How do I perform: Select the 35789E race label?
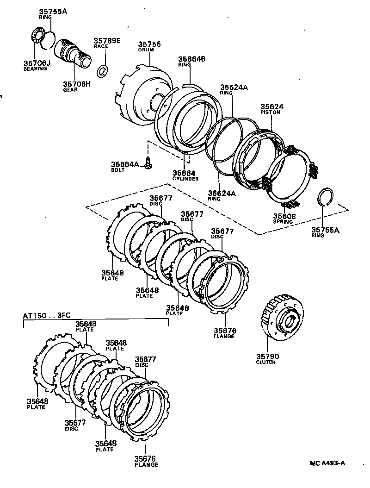coord(107,41)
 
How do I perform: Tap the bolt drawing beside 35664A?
coord(148,163)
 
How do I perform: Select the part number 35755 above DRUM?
coord(149,44)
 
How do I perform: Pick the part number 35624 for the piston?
coord(272,106)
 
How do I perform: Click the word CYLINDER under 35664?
coord(185,179)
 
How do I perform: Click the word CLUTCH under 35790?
coord(265,362)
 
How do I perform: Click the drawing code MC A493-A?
coord(328,463)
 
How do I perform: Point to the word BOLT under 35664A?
coord(117,170)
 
